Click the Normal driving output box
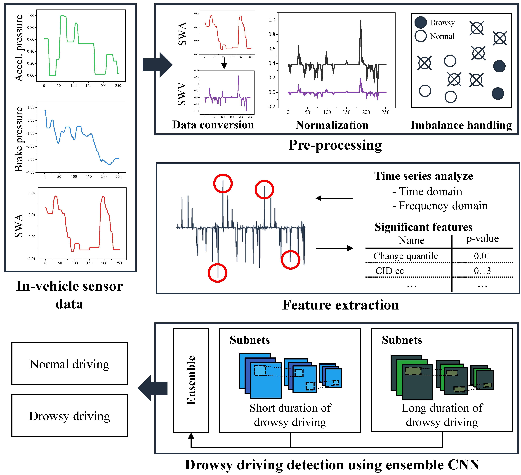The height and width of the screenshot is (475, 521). [x=69, y=364]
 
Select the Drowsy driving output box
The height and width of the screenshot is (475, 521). [x=69, y=416]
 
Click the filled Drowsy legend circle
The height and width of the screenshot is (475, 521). [x=420, y=22]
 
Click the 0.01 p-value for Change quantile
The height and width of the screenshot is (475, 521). [x=482, y=256]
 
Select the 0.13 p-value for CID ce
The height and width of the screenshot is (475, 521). [x=482, y=271]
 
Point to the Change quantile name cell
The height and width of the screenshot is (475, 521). [x=406, y=256]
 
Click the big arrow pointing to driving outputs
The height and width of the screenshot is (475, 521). [x=152, y=388]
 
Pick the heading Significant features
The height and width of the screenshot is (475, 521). [x=423, y=227]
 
